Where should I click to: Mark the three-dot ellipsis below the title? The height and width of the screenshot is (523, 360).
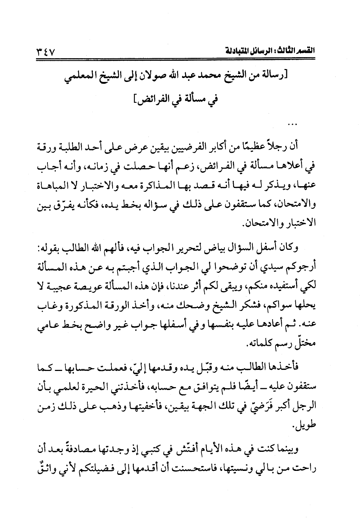click(290, 126)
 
